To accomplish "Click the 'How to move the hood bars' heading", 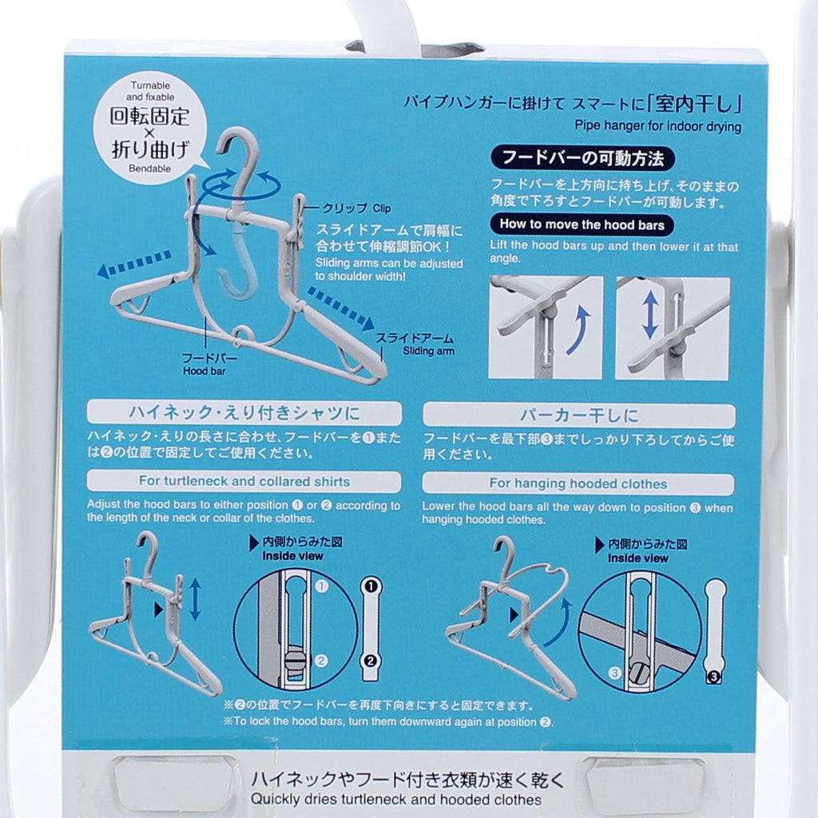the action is [x=582, y=224].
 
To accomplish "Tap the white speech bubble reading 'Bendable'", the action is [x=149, y=128].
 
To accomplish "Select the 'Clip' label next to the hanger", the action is [x=381, y=208].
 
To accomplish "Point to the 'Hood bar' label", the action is [x=204, y=371].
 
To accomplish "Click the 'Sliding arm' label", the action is [x=428, y=351].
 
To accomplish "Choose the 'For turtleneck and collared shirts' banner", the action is [x=244, y=482].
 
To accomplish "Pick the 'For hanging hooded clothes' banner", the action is [x=578, y=484].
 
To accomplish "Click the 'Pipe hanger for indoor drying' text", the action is [x=658, y=126].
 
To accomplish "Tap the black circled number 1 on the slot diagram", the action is [x=371, y=586].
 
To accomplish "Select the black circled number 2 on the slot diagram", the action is [x=371, y=661].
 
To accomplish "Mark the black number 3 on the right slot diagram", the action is [x=713, y=677].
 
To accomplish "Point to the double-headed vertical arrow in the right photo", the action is [x=650, y=315].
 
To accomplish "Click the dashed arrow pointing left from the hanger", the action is [x=134, y=264].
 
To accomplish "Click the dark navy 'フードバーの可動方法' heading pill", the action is [x=582, y=158].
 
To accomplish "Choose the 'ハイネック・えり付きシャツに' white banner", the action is [x=244, y=413].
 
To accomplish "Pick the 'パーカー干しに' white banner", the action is [x=579, y=415].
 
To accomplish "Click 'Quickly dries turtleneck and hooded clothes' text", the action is [x=396, y=800].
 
